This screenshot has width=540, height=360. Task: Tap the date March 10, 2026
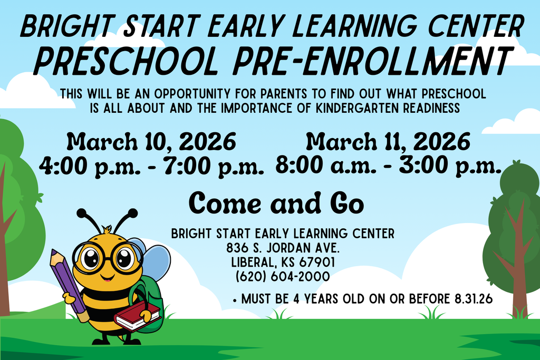(x=151, y=142)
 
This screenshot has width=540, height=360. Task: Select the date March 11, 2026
(x=388, y=142)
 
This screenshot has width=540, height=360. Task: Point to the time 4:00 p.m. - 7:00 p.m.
(x=151, y=166)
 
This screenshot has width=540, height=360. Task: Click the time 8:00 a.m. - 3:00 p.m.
(x=388, y=166)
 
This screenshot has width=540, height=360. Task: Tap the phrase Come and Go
(x=276, y=202)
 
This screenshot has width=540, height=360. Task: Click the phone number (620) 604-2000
(x=283, y=276)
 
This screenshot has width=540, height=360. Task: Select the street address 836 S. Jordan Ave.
(x=283, y=248)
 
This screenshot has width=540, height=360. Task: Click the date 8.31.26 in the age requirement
(x=473, y=299)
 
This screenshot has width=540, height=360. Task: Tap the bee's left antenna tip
(x=81, y=212)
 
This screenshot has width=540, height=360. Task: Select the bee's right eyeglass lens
(x=125, y=258)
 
